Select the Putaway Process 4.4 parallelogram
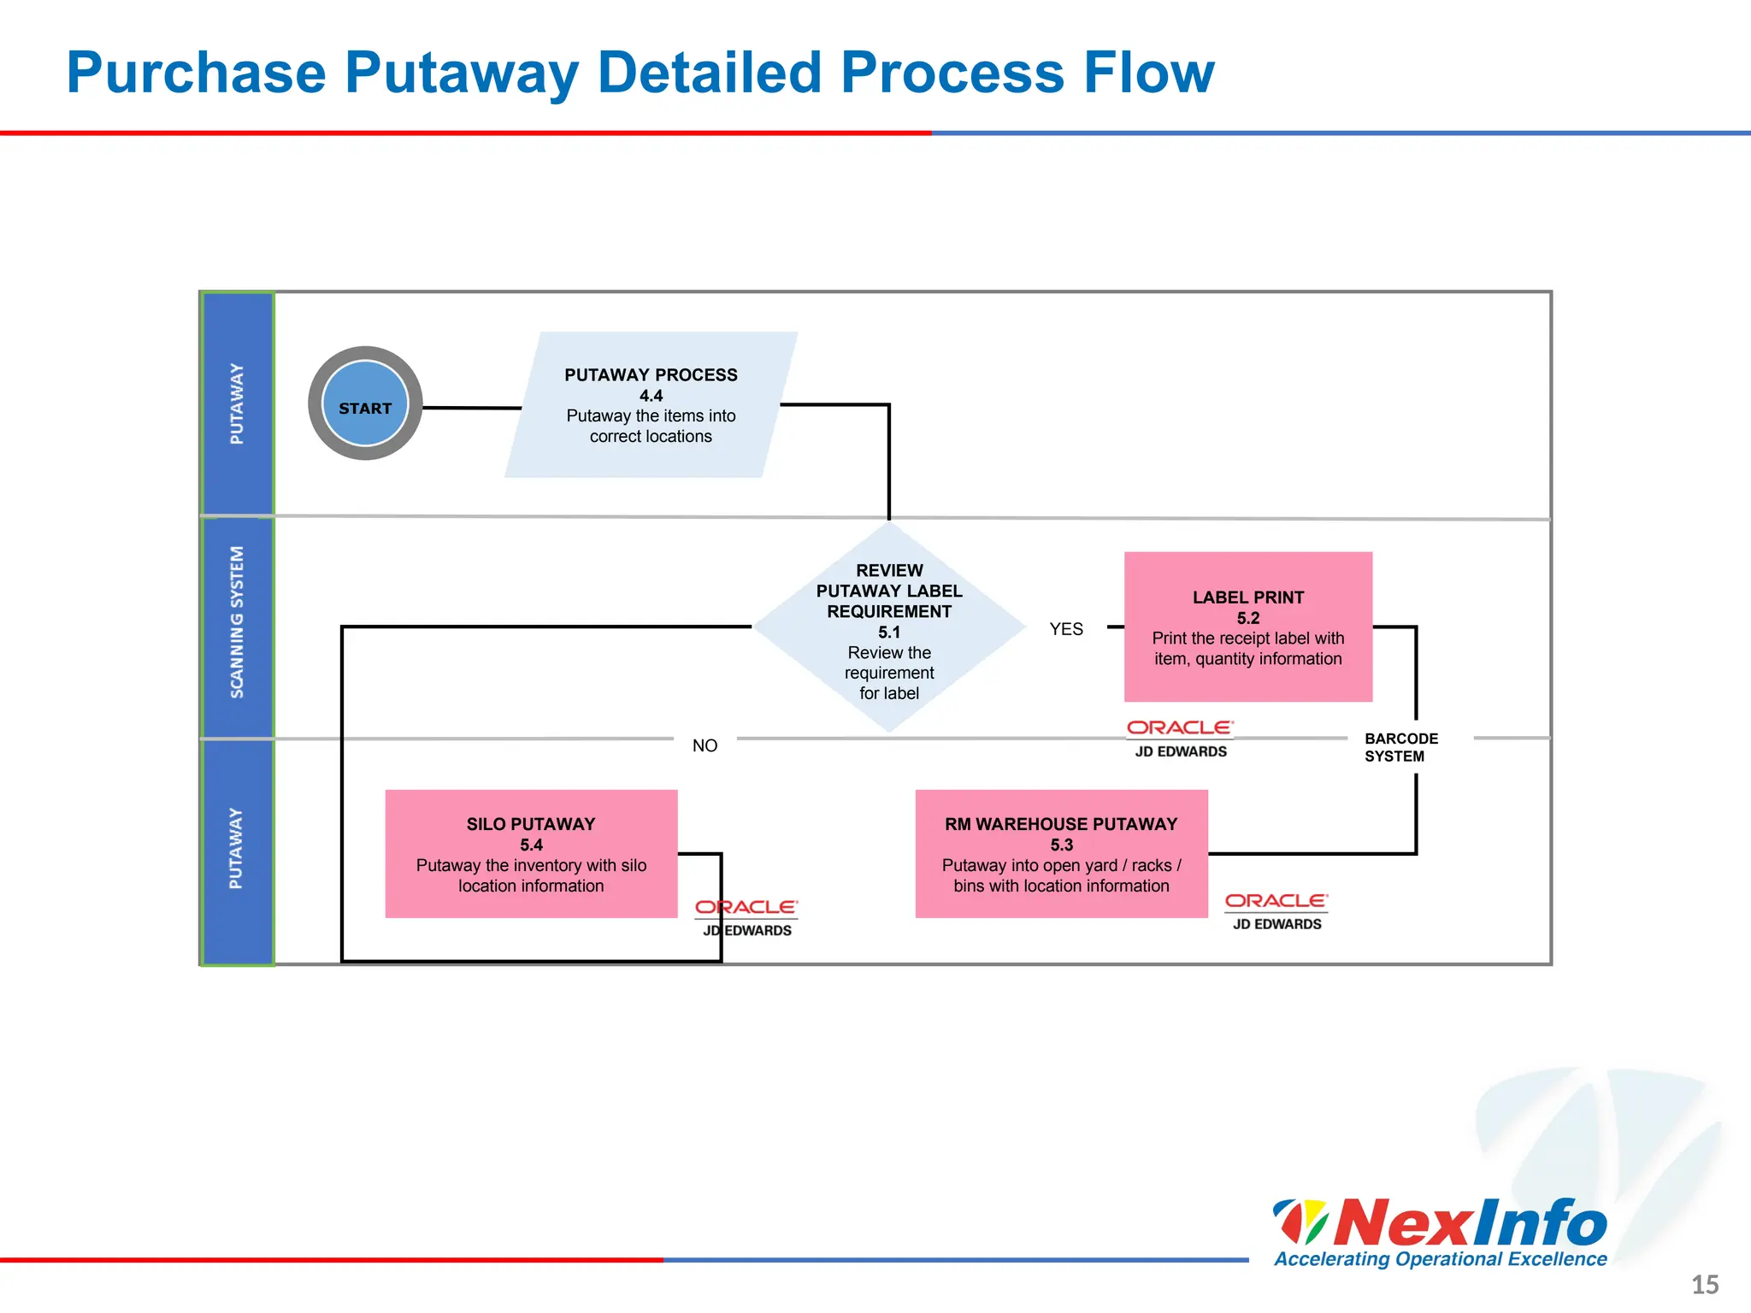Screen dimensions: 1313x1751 coord(651,405)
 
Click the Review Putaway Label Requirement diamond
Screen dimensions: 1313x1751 coord(889,628)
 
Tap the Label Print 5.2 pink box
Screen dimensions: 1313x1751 coord(1247,627)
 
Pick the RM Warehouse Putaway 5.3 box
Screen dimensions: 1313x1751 coord(1061,854)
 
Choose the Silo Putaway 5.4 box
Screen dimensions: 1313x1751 coord(531,854)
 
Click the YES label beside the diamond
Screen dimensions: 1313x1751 coord(1066,629)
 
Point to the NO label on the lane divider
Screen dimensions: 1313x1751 coord(705,745)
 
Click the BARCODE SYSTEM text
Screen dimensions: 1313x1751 coord(1400,747)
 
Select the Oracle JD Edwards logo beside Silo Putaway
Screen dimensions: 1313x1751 coord(747,917)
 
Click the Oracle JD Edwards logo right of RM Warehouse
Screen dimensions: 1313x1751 coord(1276,911)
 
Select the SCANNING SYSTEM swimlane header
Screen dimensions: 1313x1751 coord(237,622)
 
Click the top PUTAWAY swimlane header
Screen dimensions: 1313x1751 coord(237,403)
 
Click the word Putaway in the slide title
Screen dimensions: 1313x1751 coord(461,73)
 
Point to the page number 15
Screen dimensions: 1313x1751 coord(1705,1285)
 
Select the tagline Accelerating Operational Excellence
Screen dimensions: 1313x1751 coord(1440,1259)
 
